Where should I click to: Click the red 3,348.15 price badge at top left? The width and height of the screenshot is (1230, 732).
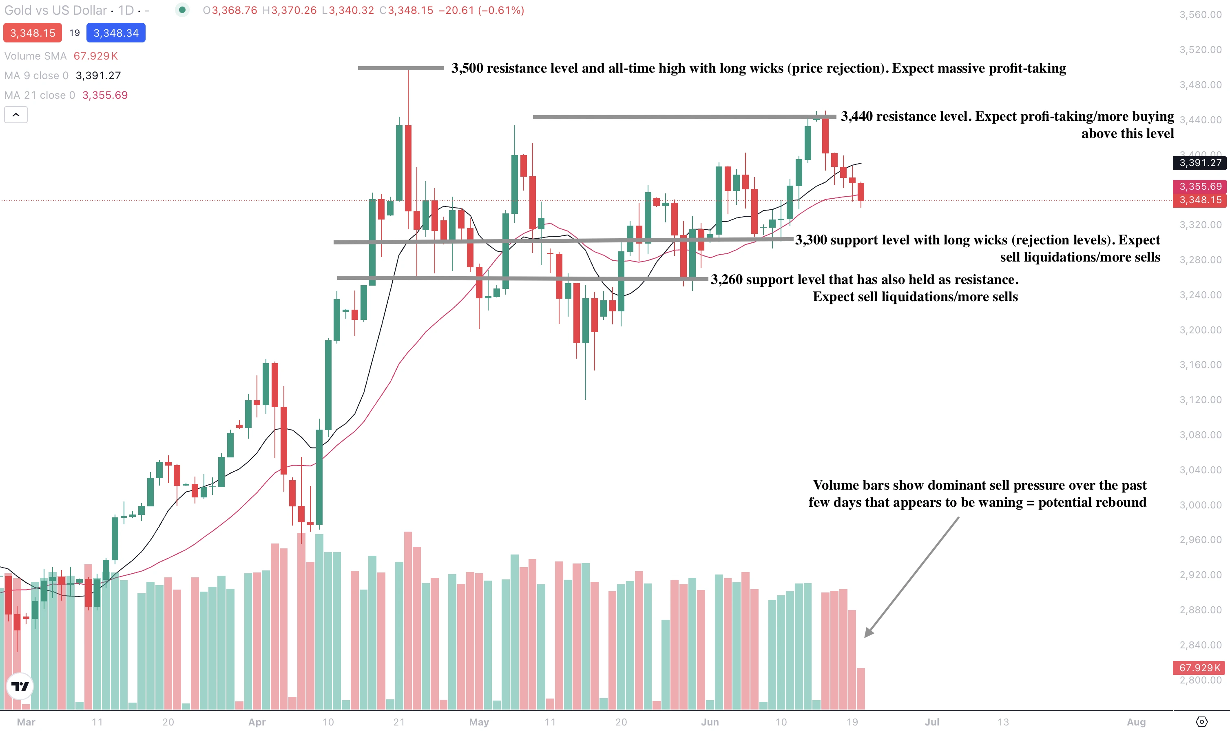(33, 33)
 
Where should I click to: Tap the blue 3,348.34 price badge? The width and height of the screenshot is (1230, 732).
(116, 33)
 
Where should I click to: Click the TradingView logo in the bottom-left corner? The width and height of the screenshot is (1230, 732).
(20, 686)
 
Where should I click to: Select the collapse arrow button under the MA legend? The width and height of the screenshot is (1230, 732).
(16, 115)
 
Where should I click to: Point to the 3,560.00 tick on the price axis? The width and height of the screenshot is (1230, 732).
(1200, 15)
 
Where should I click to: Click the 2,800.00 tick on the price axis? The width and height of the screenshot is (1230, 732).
(1200, 680)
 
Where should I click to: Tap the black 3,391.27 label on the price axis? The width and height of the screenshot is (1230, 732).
(1200, 163)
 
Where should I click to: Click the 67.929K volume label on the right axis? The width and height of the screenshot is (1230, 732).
(1199, 668)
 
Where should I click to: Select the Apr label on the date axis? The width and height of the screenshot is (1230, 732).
(257, 722)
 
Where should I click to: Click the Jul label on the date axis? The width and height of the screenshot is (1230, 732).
(932, 722)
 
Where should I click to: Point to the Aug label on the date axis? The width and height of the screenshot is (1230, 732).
(1136, 722)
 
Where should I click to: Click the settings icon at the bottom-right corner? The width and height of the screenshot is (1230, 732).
(1202, 722)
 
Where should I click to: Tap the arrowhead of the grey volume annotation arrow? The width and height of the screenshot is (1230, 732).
(869, 633)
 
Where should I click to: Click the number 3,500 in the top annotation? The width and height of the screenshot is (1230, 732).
(467, 68)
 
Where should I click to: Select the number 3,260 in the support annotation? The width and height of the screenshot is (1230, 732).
(726, 279)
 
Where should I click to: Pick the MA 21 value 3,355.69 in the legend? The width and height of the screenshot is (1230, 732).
(105, 95)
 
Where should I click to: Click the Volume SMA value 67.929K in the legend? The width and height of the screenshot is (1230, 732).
(96, 56)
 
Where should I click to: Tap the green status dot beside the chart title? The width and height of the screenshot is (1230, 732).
(182, 10)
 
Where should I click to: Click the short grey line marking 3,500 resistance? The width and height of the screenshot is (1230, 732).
(400, 68)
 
